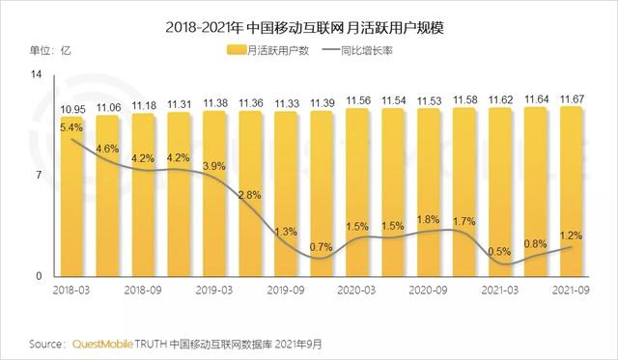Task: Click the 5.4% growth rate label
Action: [71, 125]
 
